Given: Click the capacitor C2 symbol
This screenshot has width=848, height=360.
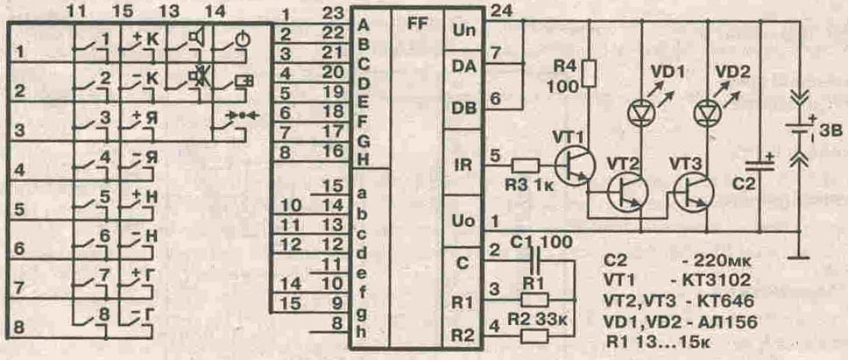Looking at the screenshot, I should click(759, 165).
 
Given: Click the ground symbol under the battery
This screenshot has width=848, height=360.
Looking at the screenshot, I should click(798, 256).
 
